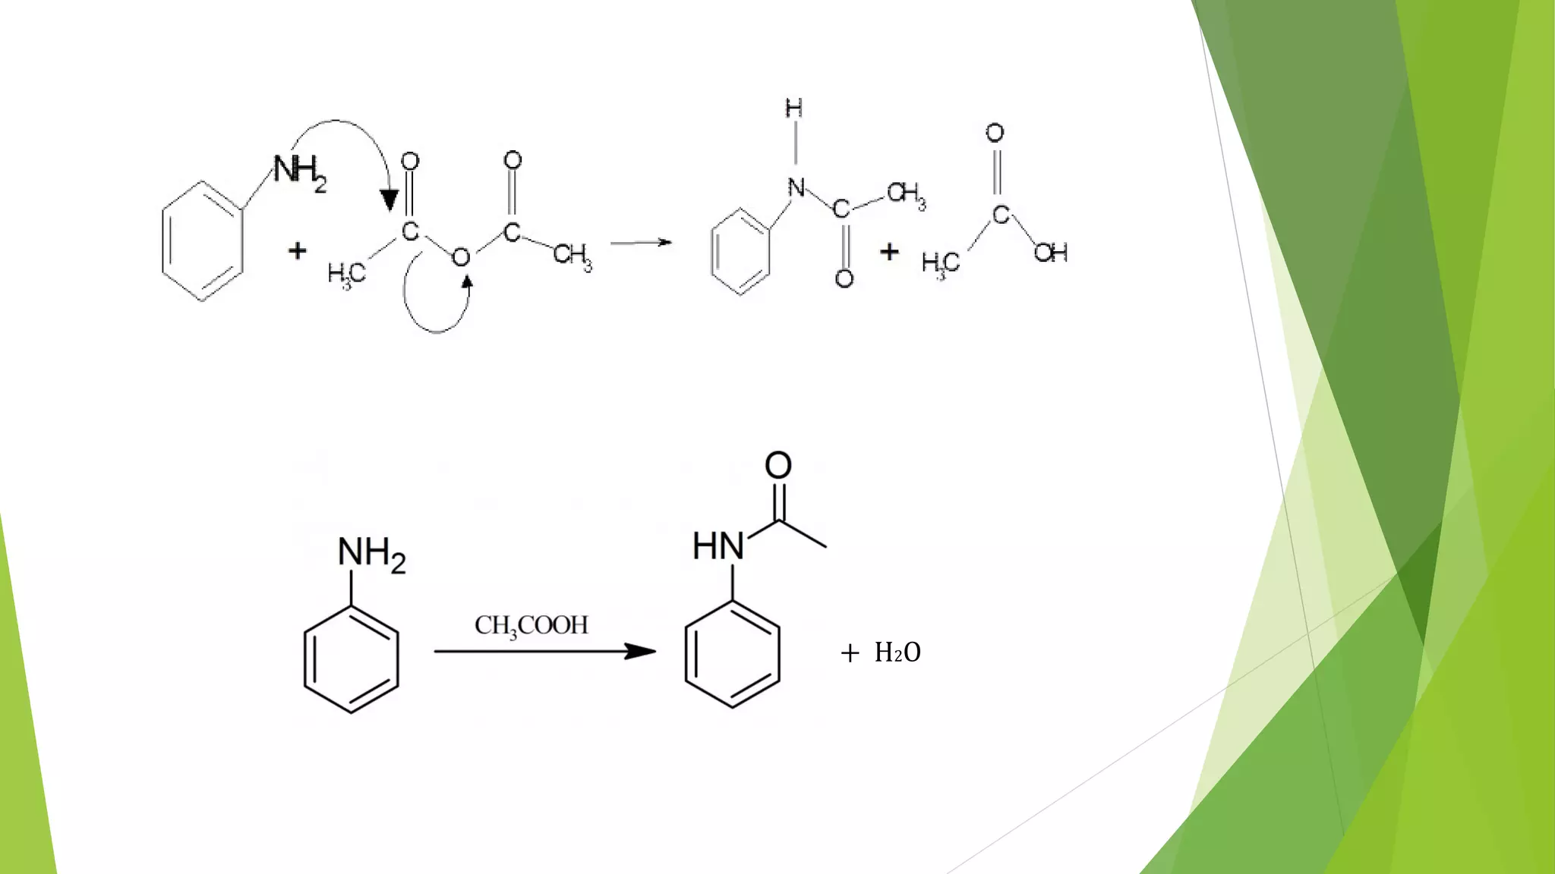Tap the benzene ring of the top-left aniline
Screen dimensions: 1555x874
pos(202,241)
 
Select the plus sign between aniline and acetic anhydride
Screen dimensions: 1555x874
pos(298,250)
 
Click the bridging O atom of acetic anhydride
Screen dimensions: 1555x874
pos(461,258)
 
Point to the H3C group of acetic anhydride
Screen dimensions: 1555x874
pos(346,273)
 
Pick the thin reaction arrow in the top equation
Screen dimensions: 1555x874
pos(641,243)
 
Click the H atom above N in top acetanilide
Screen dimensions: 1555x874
pos(794,108)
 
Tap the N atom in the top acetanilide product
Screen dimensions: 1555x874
pos(796,187)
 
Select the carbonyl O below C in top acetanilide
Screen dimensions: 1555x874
pos(844,278)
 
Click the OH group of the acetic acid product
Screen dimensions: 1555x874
pos(1051,253)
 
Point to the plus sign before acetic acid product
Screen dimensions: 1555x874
pos(889,251)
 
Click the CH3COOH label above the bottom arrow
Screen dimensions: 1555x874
pos(531,626)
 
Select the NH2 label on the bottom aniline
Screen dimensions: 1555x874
pos(371,554)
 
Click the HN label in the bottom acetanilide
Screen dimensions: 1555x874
pos(718,546)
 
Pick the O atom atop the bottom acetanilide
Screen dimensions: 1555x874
pos(778,465)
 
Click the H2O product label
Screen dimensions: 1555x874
pos(897,652)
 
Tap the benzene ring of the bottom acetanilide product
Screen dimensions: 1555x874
pos(732,654)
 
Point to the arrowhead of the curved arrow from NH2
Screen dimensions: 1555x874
pos(390,200)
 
